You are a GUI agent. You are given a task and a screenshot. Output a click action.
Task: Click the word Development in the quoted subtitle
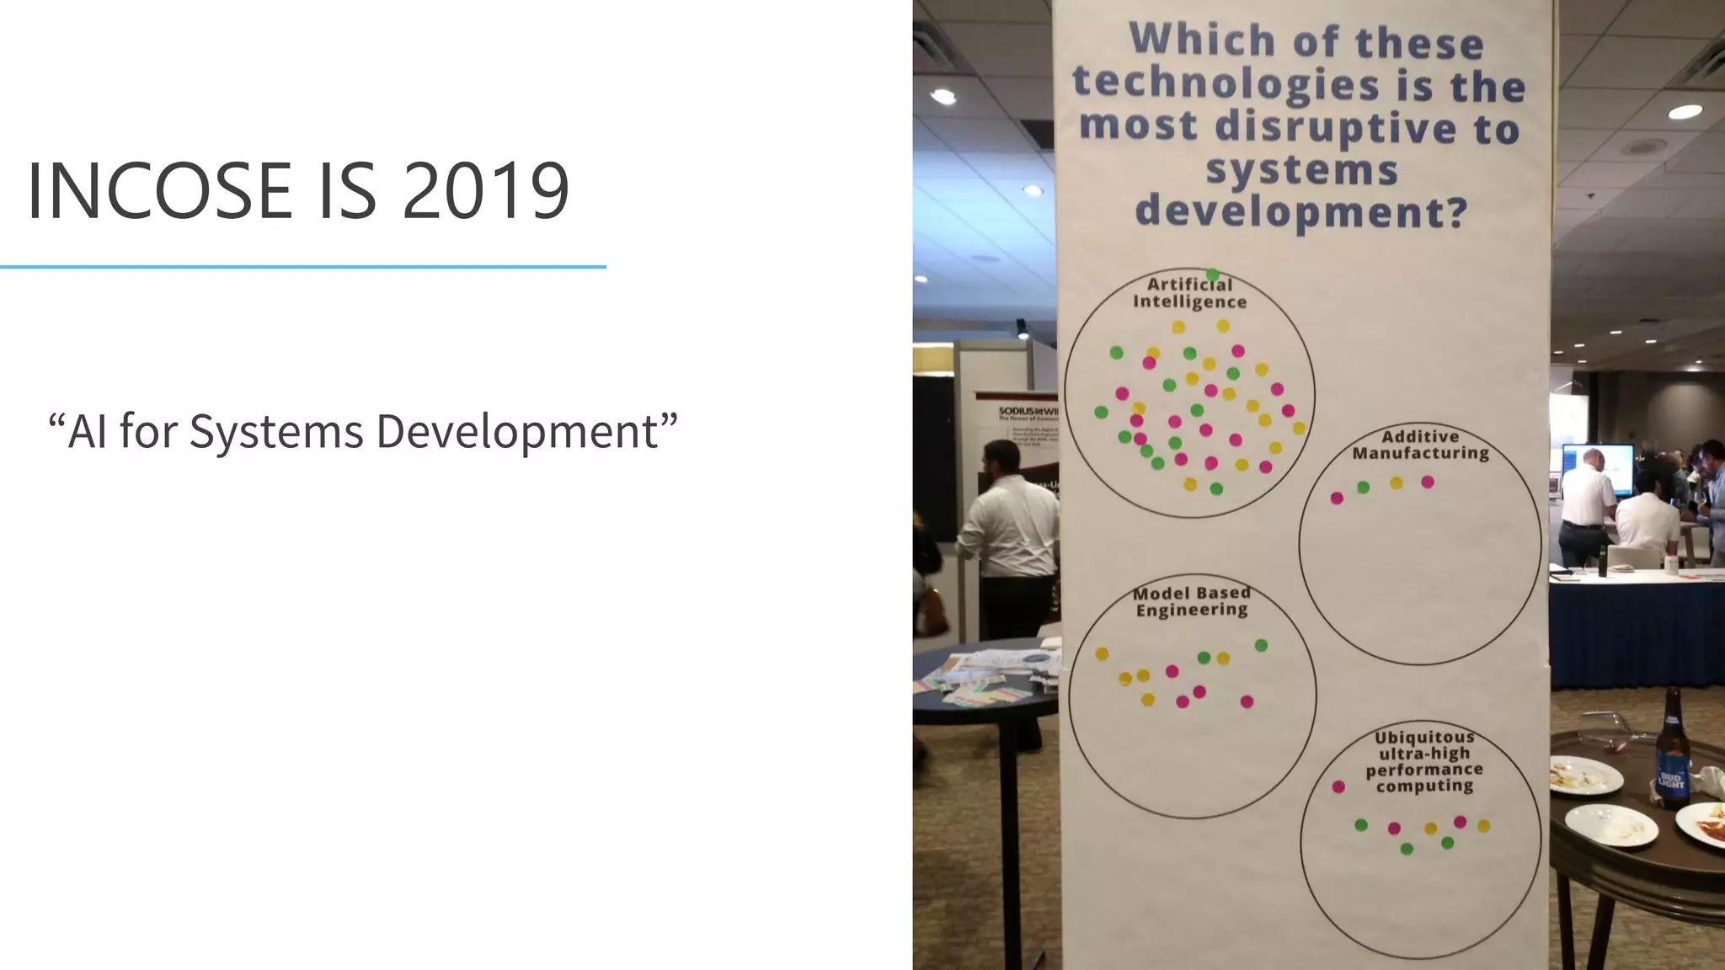516,432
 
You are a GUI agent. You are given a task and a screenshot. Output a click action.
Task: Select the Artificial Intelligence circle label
1189,293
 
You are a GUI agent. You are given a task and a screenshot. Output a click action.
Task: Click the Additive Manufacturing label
1420,445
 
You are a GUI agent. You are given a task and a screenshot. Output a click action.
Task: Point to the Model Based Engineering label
1191,601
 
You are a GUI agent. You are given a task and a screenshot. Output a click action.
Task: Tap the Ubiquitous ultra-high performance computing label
1424,761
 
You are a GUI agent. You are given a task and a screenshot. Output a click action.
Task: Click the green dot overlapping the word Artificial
1212,274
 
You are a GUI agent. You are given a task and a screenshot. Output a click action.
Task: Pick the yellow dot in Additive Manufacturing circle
1396,482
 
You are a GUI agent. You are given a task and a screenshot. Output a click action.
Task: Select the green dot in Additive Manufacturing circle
1363,488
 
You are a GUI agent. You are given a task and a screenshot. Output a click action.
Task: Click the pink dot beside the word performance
1338,786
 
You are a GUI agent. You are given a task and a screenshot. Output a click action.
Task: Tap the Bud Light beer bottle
1671,754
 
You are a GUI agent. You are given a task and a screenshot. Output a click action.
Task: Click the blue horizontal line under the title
303,267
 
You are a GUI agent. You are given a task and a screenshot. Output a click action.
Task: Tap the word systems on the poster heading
1301,170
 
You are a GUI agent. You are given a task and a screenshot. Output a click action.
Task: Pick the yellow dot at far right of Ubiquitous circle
1483,825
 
